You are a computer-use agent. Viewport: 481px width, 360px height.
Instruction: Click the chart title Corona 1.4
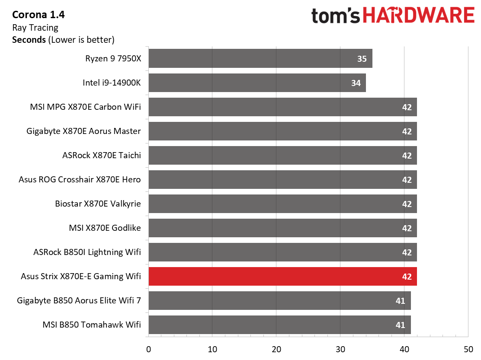click(x=38, y=15)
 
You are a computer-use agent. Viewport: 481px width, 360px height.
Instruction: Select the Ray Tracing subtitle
click(x=35, y=28)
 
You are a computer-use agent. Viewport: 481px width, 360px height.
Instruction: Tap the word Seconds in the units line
click(x=29, y=40)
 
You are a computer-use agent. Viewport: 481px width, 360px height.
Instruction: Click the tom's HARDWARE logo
click(x=393, y=16)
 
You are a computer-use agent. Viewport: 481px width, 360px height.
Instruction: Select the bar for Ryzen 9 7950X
click(x=260, y=58)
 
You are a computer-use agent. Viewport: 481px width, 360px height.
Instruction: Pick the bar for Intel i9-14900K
click(x=257, y=83)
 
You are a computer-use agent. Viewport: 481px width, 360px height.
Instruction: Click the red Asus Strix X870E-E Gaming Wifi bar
click(x=283, y=276)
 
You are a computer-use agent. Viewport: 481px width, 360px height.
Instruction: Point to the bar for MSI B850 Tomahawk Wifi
click(x=280, y=325)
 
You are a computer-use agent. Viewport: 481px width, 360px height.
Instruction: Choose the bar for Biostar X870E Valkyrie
click(x=283, y=204)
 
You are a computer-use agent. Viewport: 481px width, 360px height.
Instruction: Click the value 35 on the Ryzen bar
click(x=362, y=59)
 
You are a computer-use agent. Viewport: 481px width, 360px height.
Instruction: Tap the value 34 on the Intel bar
click(x=356, y=83)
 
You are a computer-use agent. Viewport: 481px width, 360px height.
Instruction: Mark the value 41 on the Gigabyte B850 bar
click(x=400, y=301)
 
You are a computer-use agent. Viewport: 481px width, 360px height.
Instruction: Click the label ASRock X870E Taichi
click(x=102, y=155)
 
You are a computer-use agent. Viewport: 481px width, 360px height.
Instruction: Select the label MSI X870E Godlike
click(x=105, y=228)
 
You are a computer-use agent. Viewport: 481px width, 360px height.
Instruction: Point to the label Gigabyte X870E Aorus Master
click(x=83, y=131)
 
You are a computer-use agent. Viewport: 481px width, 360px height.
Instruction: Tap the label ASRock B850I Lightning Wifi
click(x=87, y=252)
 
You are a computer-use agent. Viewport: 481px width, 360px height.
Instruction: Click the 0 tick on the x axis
click(x=149, y=349)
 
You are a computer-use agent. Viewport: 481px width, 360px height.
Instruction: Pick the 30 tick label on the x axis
click(x=340, y=349)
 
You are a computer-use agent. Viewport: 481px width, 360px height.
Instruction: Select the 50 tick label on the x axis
click(x=468, y=349)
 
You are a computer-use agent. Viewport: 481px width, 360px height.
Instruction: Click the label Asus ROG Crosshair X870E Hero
click(x=80, y=179)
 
